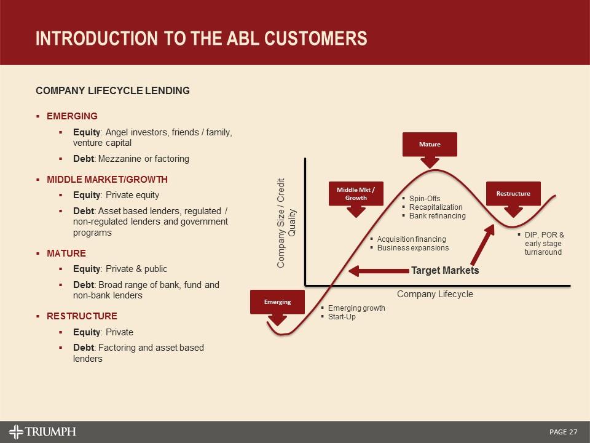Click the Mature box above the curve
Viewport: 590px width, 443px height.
430,144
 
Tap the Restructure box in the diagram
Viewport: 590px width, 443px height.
513,193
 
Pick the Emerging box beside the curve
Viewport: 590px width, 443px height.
277,301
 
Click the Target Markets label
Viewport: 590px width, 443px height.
445,270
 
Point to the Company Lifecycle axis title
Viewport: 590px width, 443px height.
435,294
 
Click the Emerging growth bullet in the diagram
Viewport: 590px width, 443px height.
356,308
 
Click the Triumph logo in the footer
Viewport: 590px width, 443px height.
42,431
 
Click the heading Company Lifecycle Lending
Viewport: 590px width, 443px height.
112,91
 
